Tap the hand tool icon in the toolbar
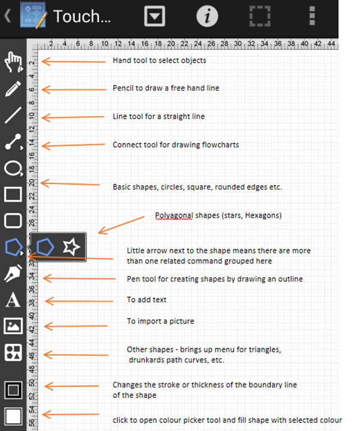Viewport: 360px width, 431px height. click(x=13, y=62)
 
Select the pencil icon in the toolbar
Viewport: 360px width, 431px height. click(x=13, y=89)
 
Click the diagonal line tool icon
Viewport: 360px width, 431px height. click(x=13, y=115)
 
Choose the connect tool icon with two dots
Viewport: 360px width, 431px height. click(x=13, y=141)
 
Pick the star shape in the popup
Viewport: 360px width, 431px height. click(x=71, y=247)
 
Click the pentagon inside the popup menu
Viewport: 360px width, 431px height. click(x=45, y=247)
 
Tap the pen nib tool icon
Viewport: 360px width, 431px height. click(x=13, y=273)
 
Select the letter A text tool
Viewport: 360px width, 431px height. click(x=13, y=300)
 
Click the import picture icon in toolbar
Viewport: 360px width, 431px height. click(x=13, y=326)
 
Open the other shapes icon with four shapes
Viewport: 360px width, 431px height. click(x=13, y=352)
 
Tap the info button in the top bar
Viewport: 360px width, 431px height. click(x=207, y=16)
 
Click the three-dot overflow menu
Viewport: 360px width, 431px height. click(x=312, y=16)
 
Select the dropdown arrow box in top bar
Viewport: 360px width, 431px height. click(x=154, y=16)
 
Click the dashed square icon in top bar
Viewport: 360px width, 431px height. click(x=260, y=16)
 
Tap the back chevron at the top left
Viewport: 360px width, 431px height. click(x=7, y=15)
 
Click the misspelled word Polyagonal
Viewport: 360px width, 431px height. click(x=174, y=215)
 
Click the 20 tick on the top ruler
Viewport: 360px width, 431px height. click(x=171, y=44)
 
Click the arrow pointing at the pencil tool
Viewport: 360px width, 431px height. click(x=74, y=89)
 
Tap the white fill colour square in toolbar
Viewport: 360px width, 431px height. click(x=13, y=416)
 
